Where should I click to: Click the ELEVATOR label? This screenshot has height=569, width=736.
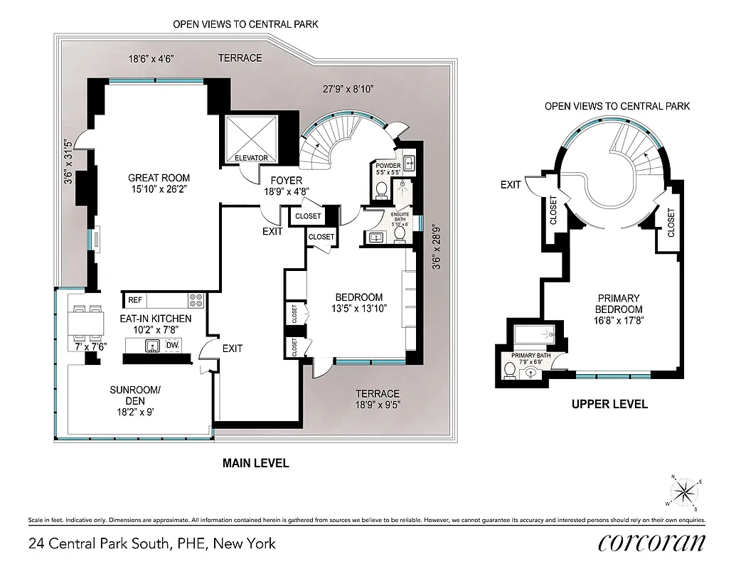pyautogui.click(x=251, y=158)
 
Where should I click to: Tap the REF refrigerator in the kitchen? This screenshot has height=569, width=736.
pyautogui.click(x=135, y=300)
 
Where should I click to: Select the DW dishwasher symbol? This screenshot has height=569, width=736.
pyautogui.click(x=172, y=346)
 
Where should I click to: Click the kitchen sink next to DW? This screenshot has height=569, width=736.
pyautogui.click(x=151, y=346)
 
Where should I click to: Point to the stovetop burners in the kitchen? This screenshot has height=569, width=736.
pyautogui.click(x=196, y=300)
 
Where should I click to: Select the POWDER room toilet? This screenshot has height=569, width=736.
pyautogui.click(x=380, y=189)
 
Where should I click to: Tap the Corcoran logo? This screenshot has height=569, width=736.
pyautogui.click(x=651, y=542)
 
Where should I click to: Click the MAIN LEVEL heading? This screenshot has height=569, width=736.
pyautogui.click(x=256, y=463)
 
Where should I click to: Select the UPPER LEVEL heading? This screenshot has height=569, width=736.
pyautogui.click(x=609, y=404)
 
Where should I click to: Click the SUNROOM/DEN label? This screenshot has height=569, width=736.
pyautogui.click(x=135, y=395)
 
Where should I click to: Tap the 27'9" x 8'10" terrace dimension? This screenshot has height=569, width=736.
pyautogui.click(x=348, y=89)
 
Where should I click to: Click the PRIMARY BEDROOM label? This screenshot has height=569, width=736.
pyautogui.click(x=619, y=304)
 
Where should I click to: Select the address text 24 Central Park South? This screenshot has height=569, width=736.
pyautogui.click(x=151, y=544)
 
